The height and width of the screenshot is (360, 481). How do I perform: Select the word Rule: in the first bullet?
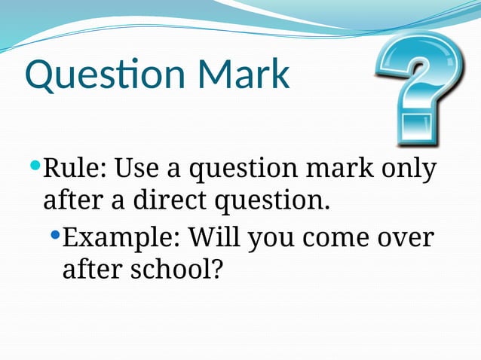coord(75,167)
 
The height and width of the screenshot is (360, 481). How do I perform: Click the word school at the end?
coord(173,269)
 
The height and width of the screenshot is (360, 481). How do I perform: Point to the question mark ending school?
coord(219,269)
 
